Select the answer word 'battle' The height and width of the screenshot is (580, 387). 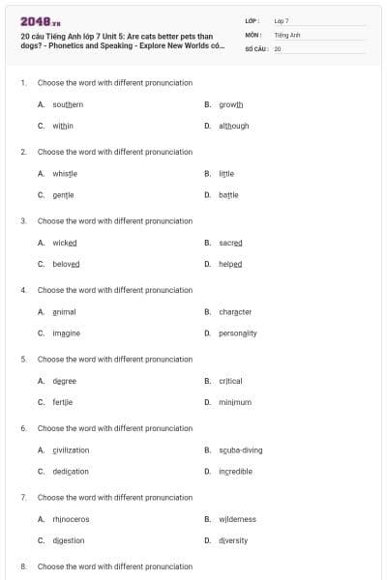pos(228,194)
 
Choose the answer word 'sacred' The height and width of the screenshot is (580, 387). pos(230,243)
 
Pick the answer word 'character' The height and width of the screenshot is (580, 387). pos(235,311)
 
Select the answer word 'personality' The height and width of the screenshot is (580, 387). pos(238,333)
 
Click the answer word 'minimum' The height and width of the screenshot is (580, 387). pos(234,402)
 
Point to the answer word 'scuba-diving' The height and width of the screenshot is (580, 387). pos(240,449)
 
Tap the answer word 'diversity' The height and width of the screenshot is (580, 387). pos(233,540)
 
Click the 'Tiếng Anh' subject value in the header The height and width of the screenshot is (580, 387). pos(287,34)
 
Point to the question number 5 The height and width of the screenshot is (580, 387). pos(23,359)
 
